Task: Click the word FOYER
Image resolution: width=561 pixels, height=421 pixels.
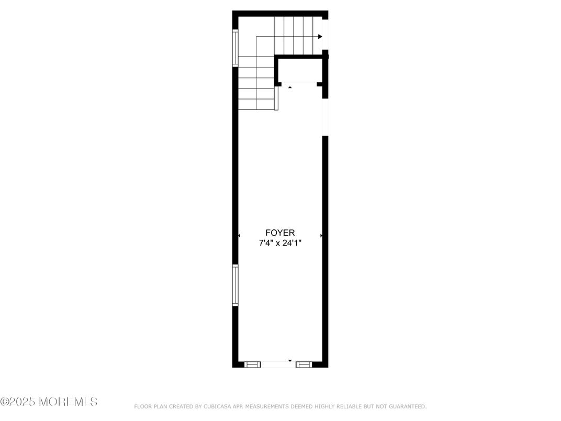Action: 280,232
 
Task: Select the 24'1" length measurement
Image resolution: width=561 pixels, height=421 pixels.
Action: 293,242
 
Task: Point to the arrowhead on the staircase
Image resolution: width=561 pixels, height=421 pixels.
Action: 320,37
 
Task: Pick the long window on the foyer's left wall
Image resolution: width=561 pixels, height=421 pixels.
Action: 235,285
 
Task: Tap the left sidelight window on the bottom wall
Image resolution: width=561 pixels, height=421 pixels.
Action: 253,364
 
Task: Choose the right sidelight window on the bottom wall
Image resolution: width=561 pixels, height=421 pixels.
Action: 304,364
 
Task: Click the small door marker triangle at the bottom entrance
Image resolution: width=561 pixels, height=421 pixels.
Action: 290,361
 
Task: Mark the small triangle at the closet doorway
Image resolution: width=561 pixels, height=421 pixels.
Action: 290,87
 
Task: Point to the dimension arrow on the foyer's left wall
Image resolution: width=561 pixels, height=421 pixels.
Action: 239,236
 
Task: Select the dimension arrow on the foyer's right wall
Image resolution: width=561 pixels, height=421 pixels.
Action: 321,236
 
